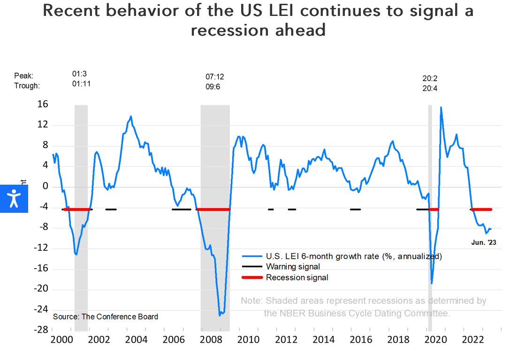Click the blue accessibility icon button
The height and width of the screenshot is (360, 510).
[14, 198]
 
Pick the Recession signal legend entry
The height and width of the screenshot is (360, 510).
[297, 277]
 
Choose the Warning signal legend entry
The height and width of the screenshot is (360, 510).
[293, 267]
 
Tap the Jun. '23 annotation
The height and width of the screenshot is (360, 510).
[483, 242]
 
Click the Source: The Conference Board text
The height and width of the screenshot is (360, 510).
[106, 316]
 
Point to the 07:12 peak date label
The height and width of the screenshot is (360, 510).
[215, 76]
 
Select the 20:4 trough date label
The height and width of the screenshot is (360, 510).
[430, 88]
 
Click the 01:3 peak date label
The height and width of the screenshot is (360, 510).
[79, 74]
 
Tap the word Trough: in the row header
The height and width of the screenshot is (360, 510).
[27, 86]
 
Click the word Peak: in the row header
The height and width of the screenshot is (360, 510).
[24, 75]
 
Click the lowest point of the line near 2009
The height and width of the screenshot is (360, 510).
[220, 315]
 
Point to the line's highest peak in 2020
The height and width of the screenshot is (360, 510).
[441, 107]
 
